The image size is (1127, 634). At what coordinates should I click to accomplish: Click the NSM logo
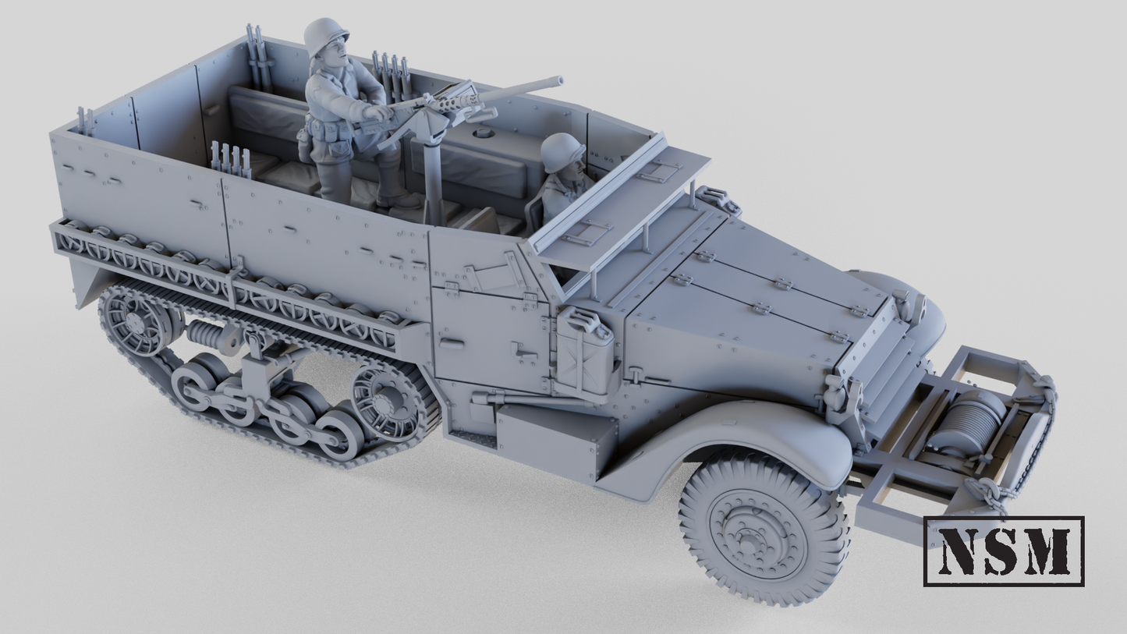pyautogui.click(x=1003, y=551)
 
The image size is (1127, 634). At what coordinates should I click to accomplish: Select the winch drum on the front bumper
pyautogui.click(x=955, y=422)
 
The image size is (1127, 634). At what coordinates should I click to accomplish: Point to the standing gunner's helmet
pyautogui.click(x=325, y=35)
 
